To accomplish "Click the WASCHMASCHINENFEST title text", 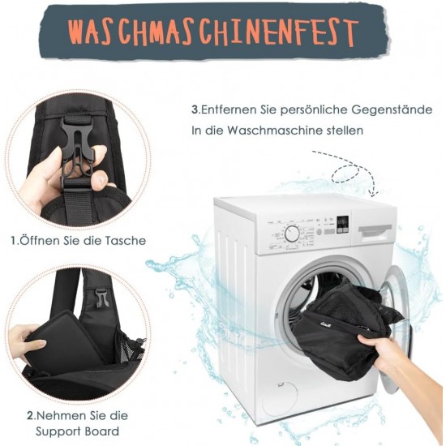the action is (213, 32).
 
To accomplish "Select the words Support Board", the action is (77, 431).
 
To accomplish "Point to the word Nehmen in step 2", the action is (59, 416).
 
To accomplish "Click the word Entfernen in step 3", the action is (229, 109).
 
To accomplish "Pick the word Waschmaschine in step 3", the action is (276, 131).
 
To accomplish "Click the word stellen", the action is (345, 131).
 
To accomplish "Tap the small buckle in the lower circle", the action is (100, 298).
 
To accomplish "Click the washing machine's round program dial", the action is (292, 234).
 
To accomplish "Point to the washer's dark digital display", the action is (342, 225).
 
